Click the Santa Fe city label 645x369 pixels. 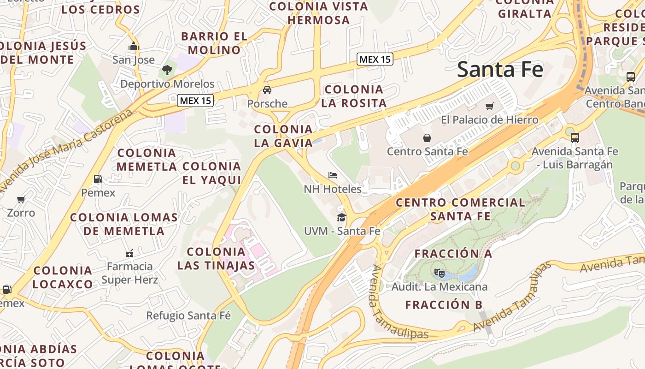point(500,70)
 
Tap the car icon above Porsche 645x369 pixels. point(267,89)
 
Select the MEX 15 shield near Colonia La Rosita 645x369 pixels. point(375,59)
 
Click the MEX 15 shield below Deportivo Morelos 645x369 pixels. point(196,100)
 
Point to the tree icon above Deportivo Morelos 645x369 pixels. point(167,70)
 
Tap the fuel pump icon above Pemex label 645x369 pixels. point(98,179)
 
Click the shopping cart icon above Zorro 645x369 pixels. point(21,199)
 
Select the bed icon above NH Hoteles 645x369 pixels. point(333,175)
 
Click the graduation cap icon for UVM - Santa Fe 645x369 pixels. point(341,217)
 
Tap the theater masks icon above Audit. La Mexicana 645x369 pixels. point(439,273)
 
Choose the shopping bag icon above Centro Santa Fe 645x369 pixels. point(427,137)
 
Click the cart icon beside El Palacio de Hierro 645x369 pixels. point(490,106)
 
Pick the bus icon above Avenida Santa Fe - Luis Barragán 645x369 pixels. point(575,137)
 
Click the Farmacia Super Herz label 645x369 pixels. point(129,273)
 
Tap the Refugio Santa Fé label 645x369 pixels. point(188,316)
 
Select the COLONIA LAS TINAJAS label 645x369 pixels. point(216,258)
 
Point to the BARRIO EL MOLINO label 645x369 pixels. point(214,43)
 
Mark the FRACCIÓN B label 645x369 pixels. point(444,305)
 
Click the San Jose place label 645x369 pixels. point(134,60)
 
